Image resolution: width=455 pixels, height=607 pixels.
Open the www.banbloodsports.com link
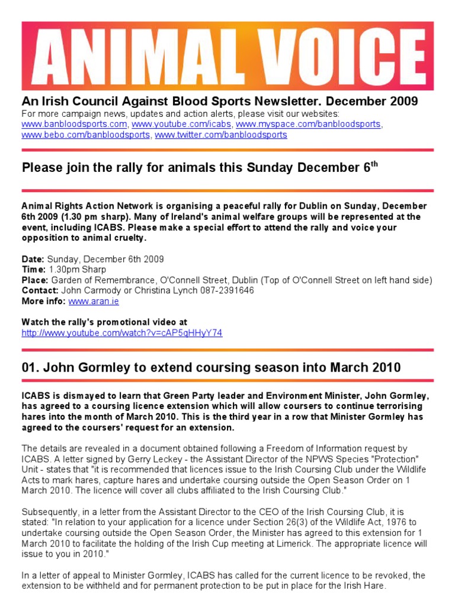(x=75, y=124)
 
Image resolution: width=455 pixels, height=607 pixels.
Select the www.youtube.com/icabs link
(x=181, y=124)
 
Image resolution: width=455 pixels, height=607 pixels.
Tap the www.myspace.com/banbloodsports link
(x=308, y=124)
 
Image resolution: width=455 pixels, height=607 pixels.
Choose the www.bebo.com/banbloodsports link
(x=86, y=135)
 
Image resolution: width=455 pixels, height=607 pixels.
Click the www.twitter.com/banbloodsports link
(x=221, y=135)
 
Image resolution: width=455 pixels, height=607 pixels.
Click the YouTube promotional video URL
(x=122, y=333)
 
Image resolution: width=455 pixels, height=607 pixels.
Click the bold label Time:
(x=33, y=270)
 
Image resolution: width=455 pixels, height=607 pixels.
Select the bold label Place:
(x=35, y=280)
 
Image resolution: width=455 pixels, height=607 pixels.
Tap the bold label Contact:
(x=40, y=290)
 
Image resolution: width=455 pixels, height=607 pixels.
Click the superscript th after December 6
(x=373, y=163)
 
